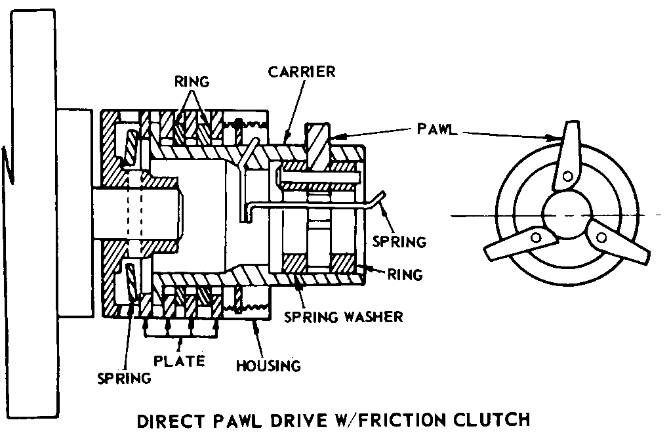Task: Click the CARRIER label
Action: tap(302, 72)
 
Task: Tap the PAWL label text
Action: tap(437, 129)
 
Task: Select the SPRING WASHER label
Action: tap(344, 317)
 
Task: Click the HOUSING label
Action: tap(268, 366)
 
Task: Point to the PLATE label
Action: tap(179, 361)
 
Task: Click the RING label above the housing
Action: tap(192, 81)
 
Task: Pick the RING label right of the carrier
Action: tap(405, 274)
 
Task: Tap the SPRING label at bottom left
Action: tap(124, 379)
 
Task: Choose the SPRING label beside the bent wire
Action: tap(399, 241)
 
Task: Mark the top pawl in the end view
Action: tap(567, 156)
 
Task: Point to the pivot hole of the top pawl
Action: tap(567, 175)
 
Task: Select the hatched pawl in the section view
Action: tap(317, 146)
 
